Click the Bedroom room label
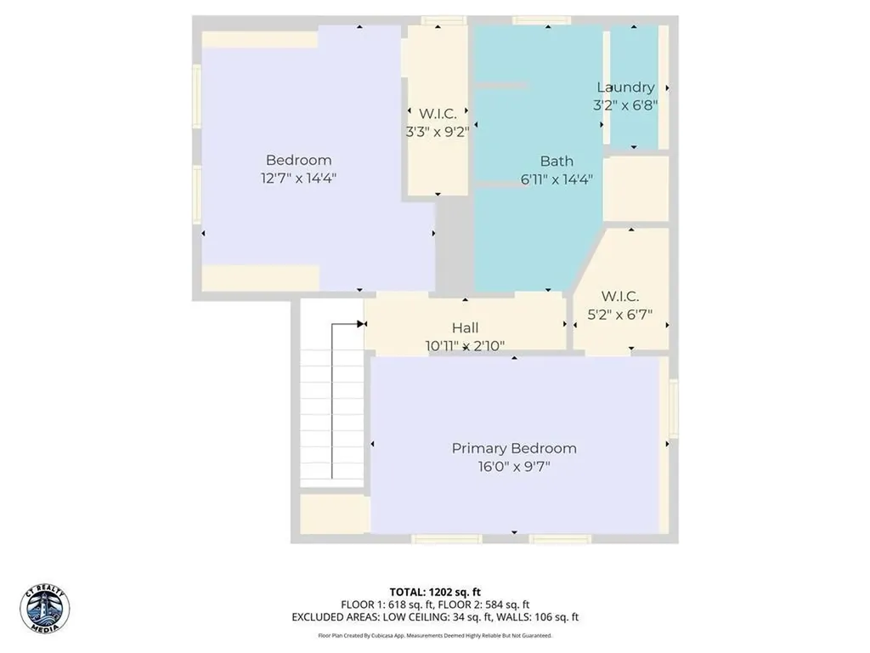(x=298, y=160)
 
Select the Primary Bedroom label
(x=513, y=448)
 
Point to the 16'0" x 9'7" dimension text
(x=513, y=467)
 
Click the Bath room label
(x=556, y=161)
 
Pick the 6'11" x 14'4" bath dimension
(x=556, y=179)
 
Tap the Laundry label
(x=625, y=87)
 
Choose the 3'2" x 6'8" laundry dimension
(x=625, y=105)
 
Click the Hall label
(x=465, y=327)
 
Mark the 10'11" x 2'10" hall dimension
(x=465, y=346)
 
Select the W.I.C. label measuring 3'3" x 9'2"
(x=438, y=113)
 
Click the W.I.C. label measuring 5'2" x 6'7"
(x=620, y=296)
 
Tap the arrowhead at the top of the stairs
(x=361, y=324)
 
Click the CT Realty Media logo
(x=45, y=608)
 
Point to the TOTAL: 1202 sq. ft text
(x=434, y=592)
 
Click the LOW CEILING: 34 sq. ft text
(x=438, y=617)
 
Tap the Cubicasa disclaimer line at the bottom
(x=434, y=635)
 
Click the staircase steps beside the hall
(x=315, y=417)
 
